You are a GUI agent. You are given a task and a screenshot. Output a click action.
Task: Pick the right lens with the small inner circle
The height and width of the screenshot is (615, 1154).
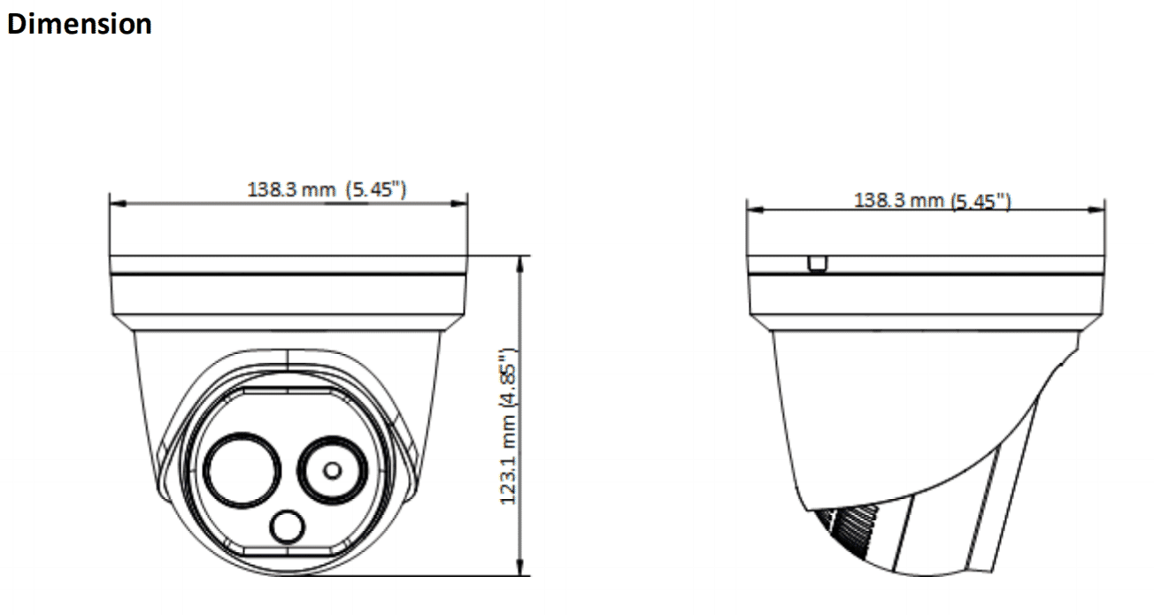point(333,470)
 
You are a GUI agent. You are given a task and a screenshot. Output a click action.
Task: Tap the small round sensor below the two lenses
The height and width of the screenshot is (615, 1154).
point(287,528)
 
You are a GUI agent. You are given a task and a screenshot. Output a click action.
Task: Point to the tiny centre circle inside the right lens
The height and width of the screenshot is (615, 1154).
point(333,470)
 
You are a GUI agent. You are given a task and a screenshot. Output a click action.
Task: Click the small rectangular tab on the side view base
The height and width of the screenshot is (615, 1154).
point(818,264)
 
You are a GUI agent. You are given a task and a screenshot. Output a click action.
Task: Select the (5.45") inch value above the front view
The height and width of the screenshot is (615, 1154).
point(376,189)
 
